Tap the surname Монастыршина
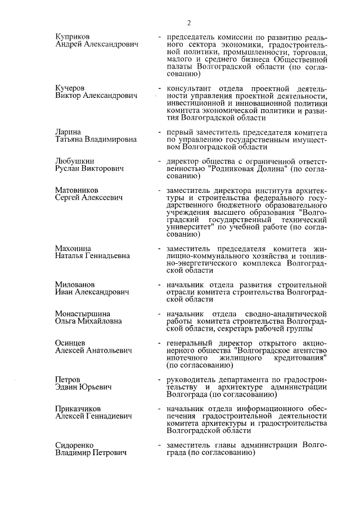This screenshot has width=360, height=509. [x=82, y=313]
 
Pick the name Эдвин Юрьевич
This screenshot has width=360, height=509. [x=83, y=388]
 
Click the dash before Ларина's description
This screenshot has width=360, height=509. [x=161, y=132]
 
